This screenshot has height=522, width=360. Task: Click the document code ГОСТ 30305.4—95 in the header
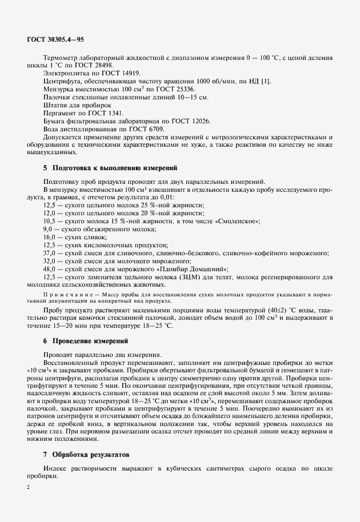point(55,39)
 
